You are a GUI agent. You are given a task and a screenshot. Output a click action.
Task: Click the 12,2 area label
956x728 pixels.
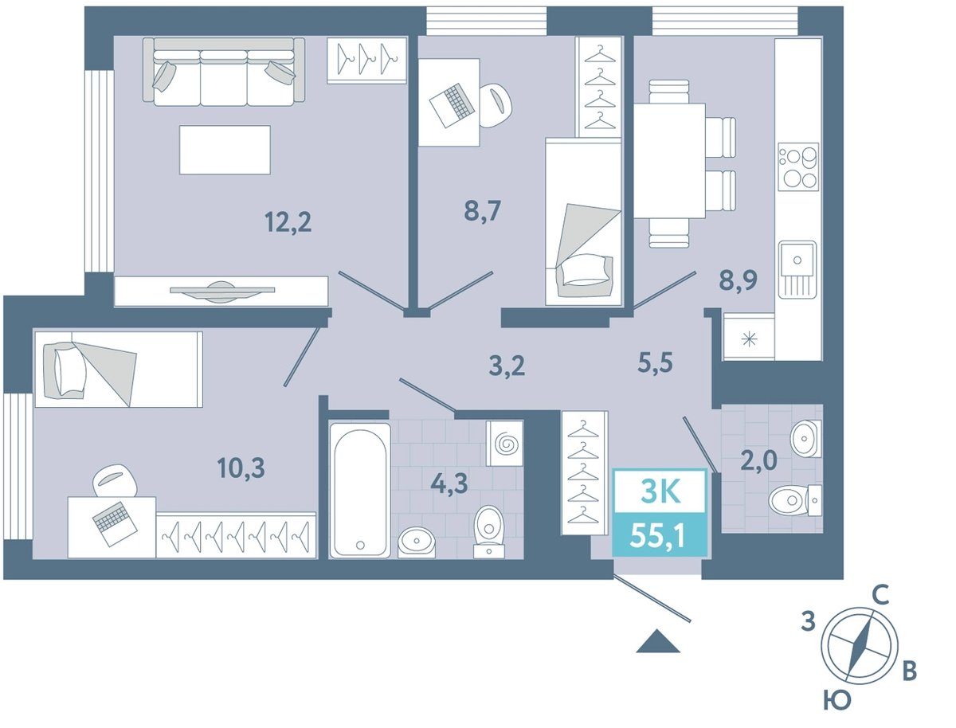point(288,221)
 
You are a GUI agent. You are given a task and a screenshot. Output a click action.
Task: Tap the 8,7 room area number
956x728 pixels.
point(483,211)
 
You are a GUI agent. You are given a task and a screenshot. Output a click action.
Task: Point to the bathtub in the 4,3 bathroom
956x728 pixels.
point(360,491)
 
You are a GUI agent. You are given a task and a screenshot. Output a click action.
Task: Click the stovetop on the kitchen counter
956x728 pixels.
point(798,166)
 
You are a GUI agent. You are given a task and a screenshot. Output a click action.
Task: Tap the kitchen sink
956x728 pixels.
point(797,269)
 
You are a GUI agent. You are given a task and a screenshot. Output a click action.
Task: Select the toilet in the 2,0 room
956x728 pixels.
point(795,500)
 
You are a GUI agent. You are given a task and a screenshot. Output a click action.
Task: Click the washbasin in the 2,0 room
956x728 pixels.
point(805,438)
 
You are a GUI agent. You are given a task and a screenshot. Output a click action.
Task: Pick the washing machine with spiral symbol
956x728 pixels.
point(504,443)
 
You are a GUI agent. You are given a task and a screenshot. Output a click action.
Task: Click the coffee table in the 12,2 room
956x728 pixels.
point(225,150)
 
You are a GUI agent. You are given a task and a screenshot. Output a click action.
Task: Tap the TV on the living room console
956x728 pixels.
point(222,292)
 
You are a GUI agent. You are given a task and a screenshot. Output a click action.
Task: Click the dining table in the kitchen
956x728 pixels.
point(669,161)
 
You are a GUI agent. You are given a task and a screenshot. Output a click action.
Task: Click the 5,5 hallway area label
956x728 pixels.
point(655,362)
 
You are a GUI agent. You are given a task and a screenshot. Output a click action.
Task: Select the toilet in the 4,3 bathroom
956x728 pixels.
point(489,531)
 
